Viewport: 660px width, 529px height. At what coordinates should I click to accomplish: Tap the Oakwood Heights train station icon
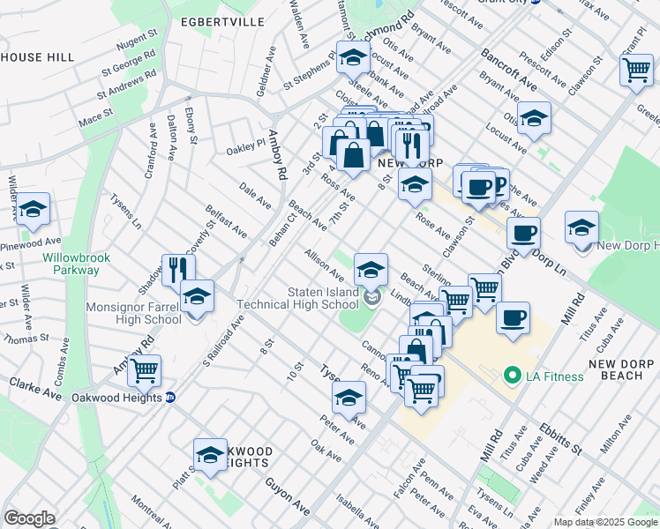tap(170, 398)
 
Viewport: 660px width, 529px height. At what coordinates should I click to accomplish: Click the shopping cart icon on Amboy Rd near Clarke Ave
tap(144, 369)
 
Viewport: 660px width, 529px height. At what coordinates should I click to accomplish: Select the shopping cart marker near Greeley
tap(635, 69)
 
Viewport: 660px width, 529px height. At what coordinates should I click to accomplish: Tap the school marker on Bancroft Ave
tap(534, 119)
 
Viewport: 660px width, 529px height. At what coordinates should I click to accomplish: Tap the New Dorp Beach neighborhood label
tap(622, 369)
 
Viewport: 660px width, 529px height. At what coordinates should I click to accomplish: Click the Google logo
tap(29, 518)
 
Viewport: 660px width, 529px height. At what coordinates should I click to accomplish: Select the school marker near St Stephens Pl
tap(353, 57)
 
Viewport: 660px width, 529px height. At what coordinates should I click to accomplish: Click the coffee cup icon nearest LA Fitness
tap(513, 318)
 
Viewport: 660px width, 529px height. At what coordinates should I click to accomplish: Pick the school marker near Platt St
tap(210, 454)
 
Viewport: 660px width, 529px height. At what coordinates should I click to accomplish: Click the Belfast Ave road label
tap(227, 223)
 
